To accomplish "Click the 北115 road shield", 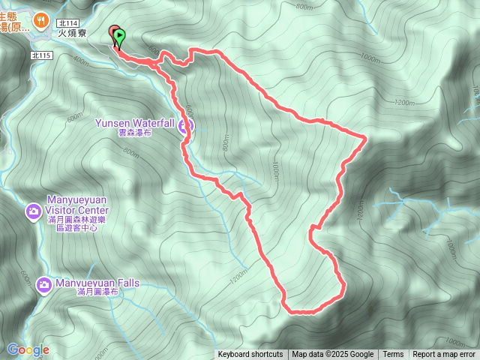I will pyautogui.click(x=41, y=56).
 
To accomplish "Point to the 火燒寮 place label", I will pyautogui.click(x=73, y=33).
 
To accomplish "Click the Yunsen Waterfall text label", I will pyautogui.click(x=135, y=122).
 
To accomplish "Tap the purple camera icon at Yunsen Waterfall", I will pyautogui.click(x=185, y=126).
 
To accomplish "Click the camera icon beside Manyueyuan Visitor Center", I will pyautogui.click(x=33, y=212).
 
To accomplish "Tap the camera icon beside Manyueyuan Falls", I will pyautogui.click(x=43, y=284).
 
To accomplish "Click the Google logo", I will pyautogui.click(x=28, y=349).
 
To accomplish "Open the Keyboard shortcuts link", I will pyautogui.click(x=250, y=355).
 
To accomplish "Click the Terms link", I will pyautogui.click(x=393, y=355).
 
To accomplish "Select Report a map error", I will pyautogui.click(x=444, y=355).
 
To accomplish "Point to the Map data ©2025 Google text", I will pyautogui.click(x=332, y=355).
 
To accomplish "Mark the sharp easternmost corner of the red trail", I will pyautogui.click(x=365, y=137).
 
